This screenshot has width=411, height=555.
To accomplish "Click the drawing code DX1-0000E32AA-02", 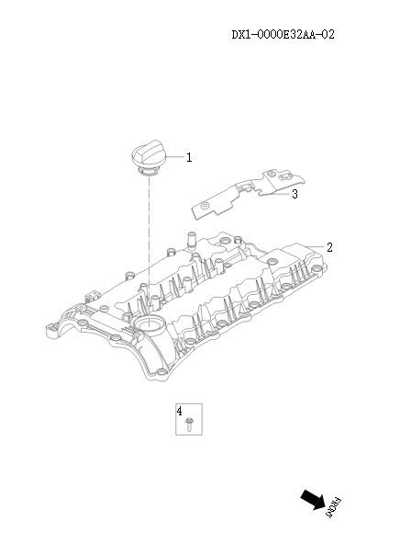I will pyautogui.click(x=283, y=36).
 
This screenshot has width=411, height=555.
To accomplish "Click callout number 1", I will pyautogui.click(x=189, y=157).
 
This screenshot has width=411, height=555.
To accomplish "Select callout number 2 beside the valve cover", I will pyautogui.click(x=329, y=247).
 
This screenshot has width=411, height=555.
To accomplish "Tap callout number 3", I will pyautogui.click(x=294, y=194).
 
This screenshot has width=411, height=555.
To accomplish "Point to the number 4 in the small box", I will pyautogui.click(x=180, y=410).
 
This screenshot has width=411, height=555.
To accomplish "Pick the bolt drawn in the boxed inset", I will pyautogui.click(x=189, y=423).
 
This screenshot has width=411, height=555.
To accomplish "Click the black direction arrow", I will pyautogui.click(x=314, y=499).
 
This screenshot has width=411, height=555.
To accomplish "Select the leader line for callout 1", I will pyautogui.click(x=176, y=157).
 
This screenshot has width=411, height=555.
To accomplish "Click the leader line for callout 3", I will pyautogui.click(x=283, y=194).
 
